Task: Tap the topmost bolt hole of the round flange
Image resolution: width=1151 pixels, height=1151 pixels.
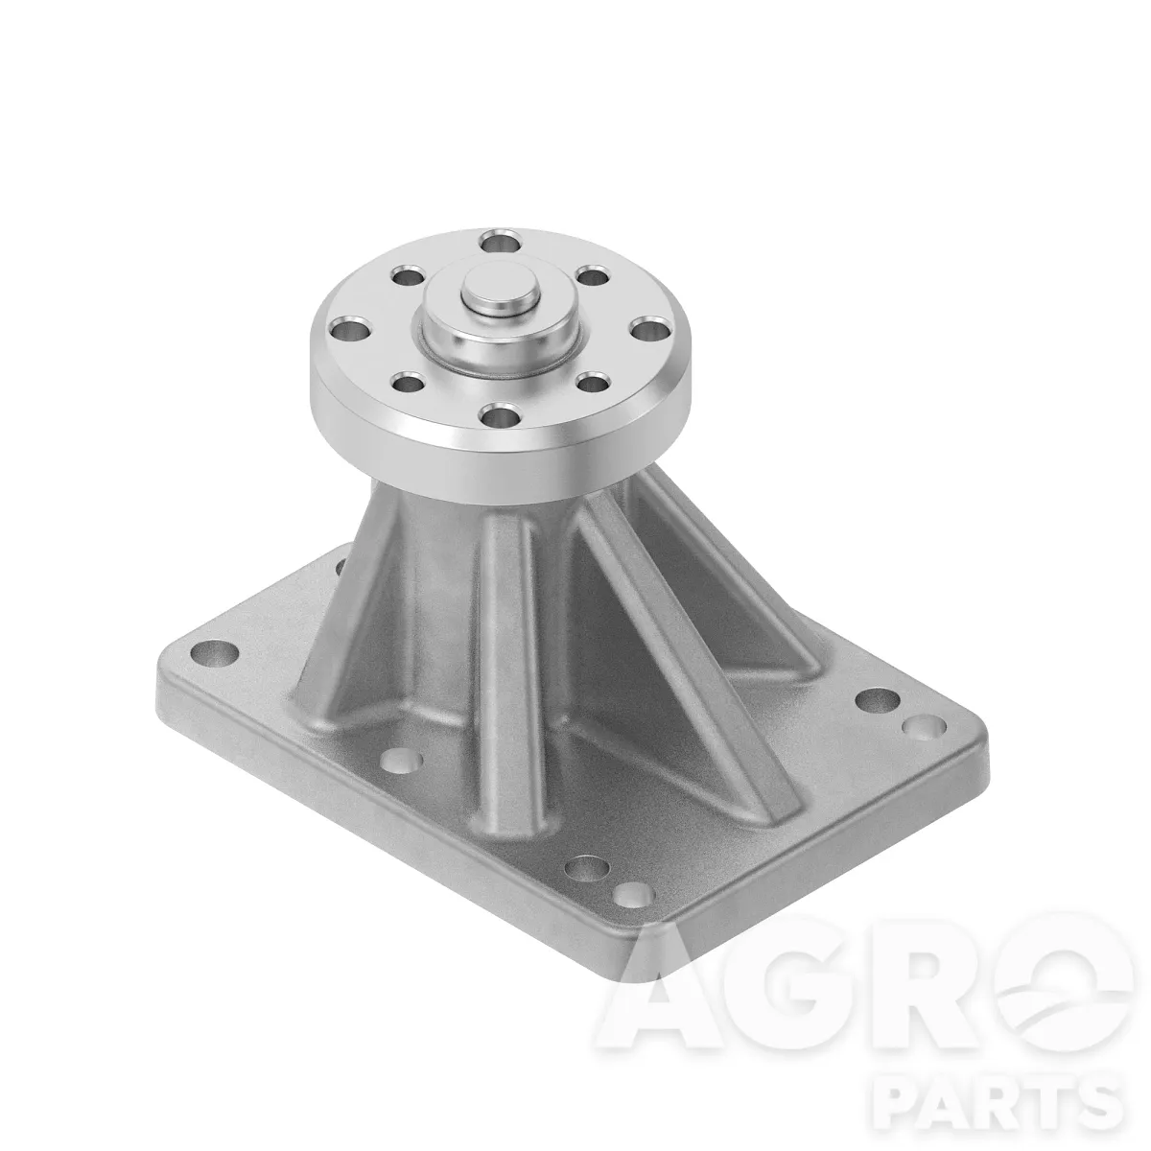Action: click(501, 242)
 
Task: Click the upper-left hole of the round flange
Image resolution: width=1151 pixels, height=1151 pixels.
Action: click(406, 277)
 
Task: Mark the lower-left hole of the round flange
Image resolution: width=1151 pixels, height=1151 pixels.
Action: click(409, 381)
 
